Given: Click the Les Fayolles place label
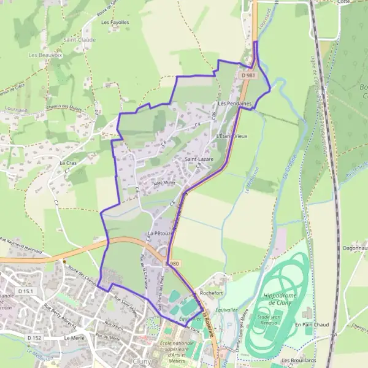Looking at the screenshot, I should [115, 23].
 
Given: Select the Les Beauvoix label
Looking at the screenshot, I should [42, 55].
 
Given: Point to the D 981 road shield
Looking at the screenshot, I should [248, 75].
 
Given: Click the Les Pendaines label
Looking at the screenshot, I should [235, 104].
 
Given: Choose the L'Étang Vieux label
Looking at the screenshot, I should [231, 136].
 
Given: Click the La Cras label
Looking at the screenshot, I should [68, 164].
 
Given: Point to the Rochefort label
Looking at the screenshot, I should [211, 293].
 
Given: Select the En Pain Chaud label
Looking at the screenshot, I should [313, 324].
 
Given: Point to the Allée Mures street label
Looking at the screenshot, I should [156, 182].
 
